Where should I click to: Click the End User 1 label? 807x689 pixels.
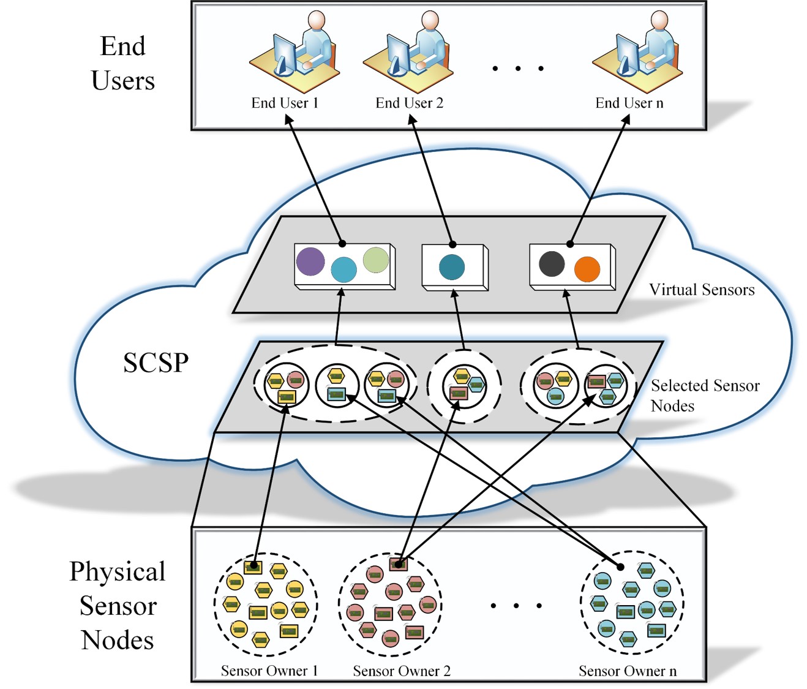click(285, 103)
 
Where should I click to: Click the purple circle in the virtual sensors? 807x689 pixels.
click(310, 262)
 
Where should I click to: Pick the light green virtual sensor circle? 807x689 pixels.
click(376, 260)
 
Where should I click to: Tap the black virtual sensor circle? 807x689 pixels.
click(552, 263)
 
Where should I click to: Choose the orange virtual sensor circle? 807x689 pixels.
click(587, 269)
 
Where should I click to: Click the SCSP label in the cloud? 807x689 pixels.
click(156, 363)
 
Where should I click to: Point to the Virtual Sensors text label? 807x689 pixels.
click(702, 290)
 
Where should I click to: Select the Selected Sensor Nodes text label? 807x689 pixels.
click(704, 396)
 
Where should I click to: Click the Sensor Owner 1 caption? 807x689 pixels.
click(269, 671)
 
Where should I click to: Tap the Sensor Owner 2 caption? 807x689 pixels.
click(402, 671)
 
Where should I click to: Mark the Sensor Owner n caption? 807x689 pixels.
click(628, 671)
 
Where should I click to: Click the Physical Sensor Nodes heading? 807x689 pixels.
click(118, 605)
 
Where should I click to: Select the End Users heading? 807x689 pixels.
click(122, 64)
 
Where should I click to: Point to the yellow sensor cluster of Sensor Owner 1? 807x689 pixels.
click(266, 604)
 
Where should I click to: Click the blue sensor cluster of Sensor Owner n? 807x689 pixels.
click(632, 603)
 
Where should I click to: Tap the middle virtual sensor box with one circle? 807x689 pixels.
click(454, 268)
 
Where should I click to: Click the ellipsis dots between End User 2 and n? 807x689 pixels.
click(518, 68)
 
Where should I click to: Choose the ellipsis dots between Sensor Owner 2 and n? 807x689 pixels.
click(516, 606)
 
